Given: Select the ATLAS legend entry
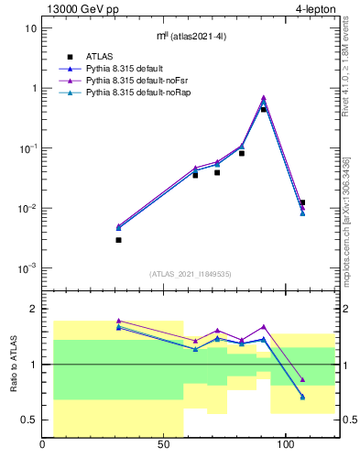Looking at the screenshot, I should tap(102, 57).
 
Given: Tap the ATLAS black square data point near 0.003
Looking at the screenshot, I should tap(119, 240).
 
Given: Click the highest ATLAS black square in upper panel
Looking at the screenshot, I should tap(264, 109).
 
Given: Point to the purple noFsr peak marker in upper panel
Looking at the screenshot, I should tap(264, 97).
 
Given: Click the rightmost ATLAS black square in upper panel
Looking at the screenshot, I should tap(302, 202).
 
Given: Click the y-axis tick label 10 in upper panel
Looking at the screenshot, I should tap(30, 27).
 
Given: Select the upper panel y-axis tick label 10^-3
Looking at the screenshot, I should tap(28, 268).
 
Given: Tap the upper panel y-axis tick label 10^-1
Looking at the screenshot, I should tap(28, 148).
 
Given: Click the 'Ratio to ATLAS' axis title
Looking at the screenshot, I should tap(13, 364).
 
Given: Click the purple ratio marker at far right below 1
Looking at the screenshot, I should tap(302, 379).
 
